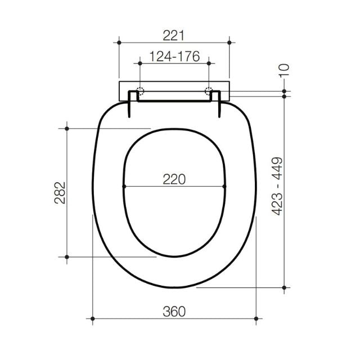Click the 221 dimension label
coord(174,35)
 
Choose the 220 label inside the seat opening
coord(174,179)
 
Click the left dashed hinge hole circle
coord(140,91)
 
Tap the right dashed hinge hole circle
coord(209,91)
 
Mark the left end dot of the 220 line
coord(123,186)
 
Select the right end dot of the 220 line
coord(224,186)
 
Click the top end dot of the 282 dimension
coord(67,129)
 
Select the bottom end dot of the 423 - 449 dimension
coord(285,287)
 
